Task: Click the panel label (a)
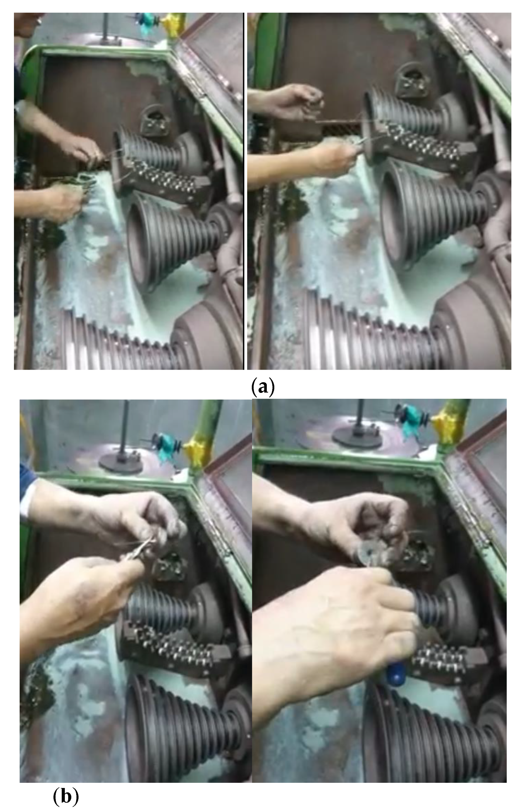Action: (x=263, y=387)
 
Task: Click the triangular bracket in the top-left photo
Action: (x=154, y=119)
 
